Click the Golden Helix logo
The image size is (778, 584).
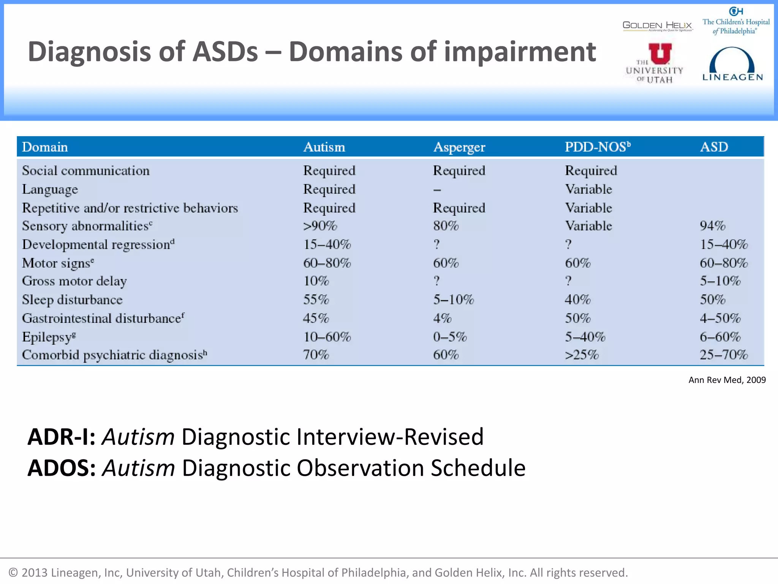(657, 26)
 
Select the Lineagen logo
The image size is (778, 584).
(732, 65)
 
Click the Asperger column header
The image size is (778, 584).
(459, 147)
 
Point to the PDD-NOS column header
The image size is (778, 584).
(597, 147)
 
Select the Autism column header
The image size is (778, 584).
(324, 147)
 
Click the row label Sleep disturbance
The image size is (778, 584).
(72, 300)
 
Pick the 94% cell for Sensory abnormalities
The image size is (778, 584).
(713, 226)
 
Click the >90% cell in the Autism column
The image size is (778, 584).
(320, 226)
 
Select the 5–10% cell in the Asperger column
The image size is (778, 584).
(454, 300)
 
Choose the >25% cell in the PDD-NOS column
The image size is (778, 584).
(582, 355)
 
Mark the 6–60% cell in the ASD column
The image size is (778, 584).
(720, 337)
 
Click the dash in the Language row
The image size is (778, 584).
(437, 190)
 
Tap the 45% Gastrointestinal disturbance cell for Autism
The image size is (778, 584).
(316, 318)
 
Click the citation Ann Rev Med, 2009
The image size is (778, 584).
(727, 380)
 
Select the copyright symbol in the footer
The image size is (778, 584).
(13, 573)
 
